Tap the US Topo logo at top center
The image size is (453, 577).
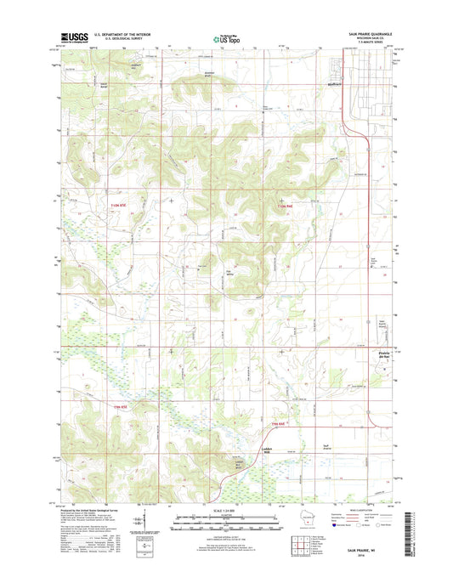[225, 37]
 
